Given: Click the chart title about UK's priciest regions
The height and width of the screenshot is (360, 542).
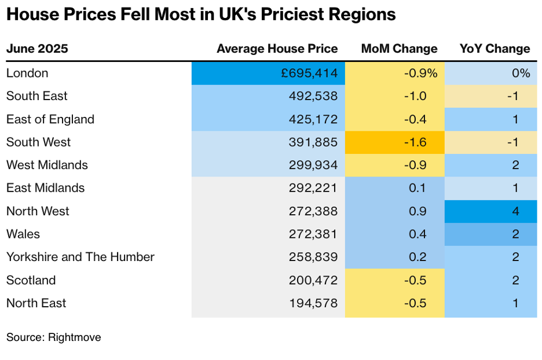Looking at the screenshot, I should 201,14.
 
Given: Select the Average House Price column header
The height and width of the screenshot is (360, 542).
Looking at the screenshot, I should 277,49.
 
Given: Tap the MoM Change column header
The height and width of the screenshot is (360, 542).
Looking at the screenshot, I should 399,49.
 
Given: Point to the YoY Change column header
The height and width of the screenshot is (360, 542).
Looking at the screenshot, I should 495,49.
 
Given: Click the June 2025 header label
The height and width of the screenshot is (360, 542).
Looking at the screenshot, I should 37,49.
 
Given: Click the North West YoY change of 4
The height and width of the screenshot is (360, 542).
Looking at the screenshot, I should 515,211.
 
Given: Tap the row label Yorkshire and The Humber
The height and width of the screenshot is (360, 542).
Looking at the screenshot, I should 80,257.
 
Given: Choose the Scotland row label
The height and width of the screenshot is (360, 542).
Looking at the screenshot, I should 31,280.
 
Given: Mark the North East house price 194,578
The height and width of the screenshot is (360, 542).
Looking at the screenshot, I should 313,303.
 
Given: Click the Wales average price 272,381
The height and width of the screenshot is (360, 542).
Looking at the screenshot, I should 313,234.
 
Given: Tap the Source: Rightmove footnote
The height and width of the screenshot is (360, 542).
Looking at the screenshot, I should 53,337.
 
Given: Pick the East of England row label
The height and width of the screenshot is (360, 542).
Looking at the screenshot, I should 50,119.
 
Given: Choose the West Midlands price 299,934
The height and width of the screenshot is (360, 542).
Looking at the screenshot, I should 313,166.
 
